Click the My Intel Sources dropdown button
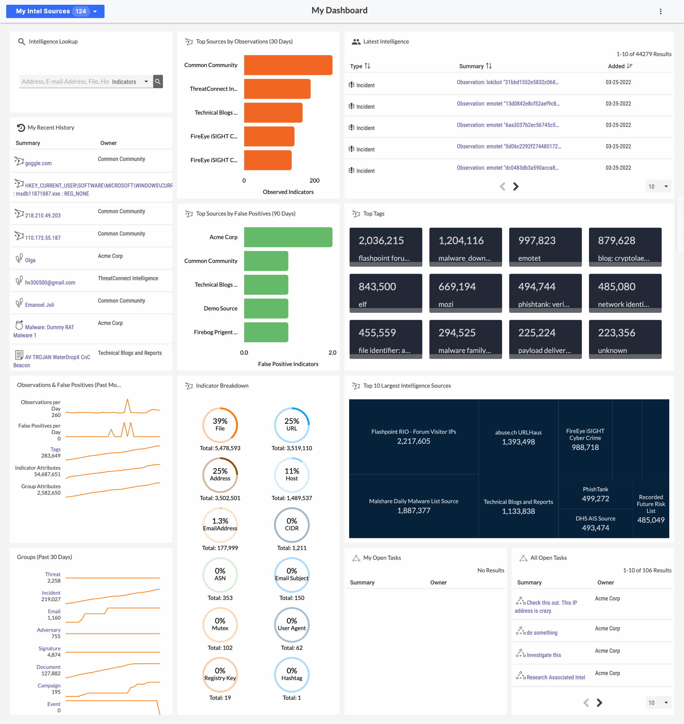click(55, 11)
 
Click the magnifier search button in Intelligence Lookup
click(158, 82)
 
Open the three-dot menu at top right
click(660, 12)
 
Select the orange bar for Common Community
click(288, 65)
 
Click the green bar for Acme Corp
click(288, 237)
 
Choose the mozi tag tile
click(465, 293)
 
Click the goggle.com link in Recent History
click(38, 163)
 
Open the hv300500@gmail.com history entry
click(50, 282)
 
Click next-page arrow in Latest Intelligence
click(516, 187)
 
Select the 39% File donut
click(220, 425)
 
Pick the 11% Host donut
click(291, 475)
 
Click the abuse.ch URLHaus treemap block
click(518, 437)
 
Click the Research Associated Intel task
click(555, 677)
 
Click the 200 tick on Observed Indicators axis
click(314, 180)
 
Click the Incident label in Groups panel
click(51, 593)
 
